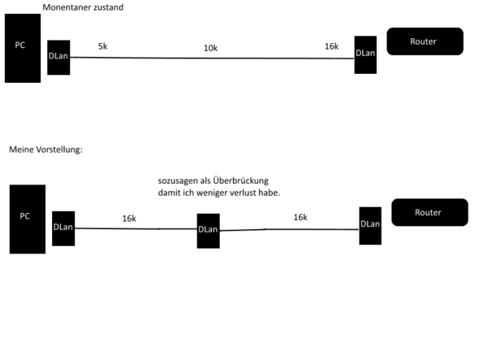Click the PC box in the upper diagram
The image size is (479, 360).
[23, 48]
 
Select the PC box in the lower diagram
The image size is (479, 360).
[28, 219]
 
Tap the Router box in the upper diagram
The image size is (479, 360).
[425, 41]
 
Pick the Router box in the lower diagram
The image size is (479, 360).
[429, 212]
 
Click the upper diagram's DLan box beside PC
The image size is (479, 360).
[58, 58]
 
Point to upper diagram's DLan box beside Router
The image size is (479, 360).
[365, 54]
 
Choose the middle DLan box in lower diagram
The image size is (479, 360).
[209, 231]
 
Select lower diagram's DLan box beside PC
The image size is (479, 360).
[63, 228]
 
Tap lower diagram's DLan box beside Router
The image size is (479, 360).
[370, 226]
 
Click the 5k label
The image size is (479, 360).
[102, 46]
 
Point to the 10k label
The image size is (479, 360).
[210, 48]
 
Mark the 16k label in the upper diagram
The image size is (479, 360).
[331, 46]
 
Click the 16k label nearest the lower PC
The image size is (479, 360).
[129, 219]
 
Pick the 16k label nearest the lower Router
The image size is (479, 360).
[300, 217]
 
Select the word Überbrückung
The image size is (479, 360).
[241, 180]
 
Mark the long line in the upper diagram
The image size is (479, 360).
[212, 58]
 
